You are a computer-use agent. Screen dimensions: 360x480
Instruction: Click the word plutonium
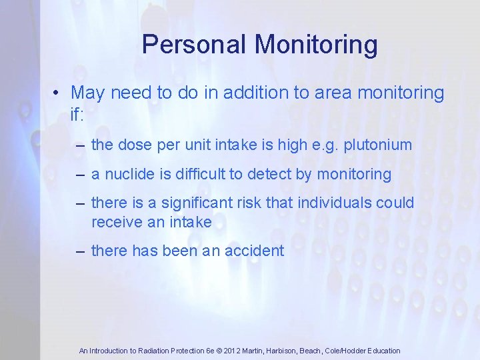(378, 145)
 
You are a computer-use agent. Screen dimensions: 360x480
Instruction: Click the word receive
(115, 221)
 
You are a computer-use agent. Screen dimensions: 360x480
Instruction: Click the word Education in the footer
(381, 351)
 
